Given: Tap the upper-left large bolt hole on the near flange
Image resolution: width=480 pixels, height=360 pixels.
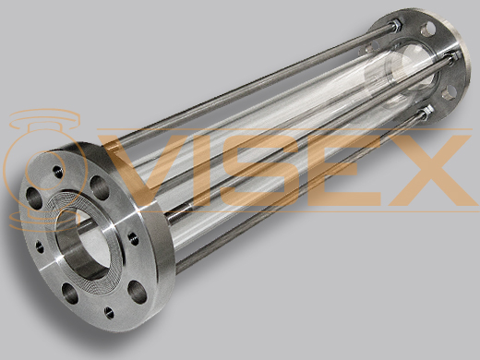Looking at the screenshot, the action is (34, 198).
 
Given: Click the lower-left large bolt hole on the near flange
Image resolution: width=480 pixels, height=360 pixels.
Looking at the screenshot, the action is (70, 294).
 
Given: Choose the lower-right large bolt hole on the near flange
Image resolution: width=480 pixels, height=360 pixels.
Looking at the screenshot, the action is (137, 290).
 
